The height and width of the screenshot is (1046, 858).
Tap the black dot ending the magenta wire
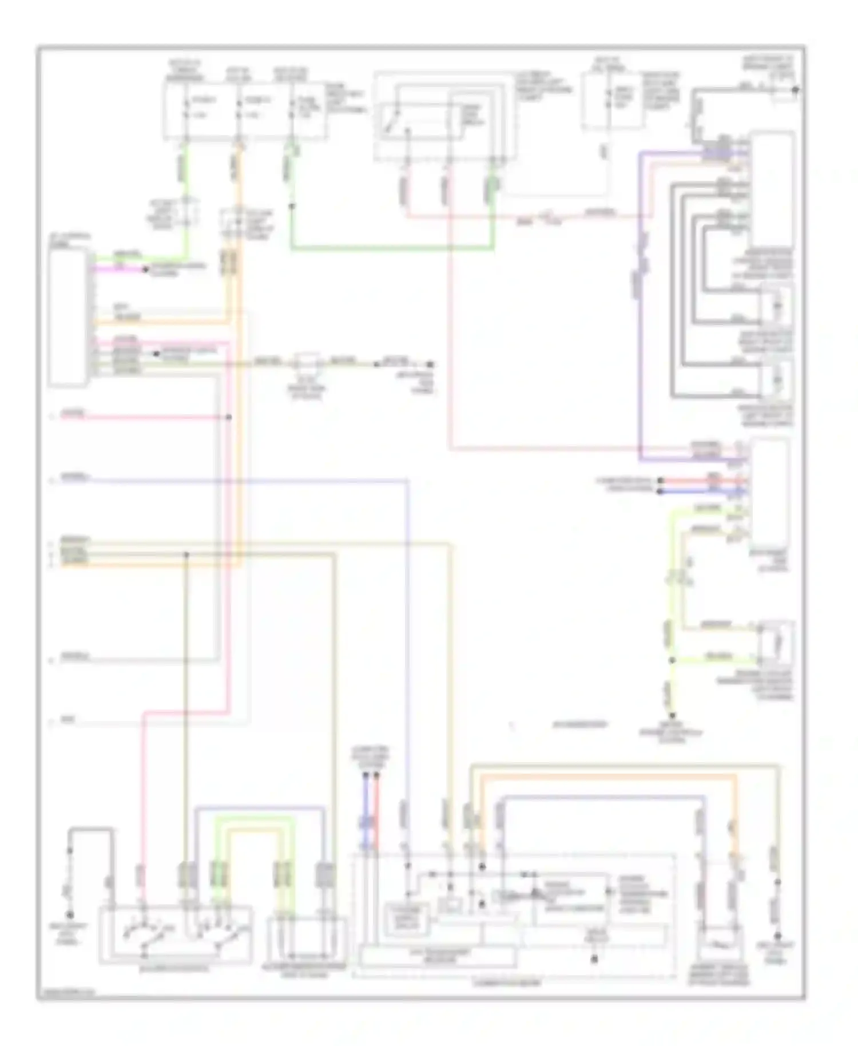pos(145,268)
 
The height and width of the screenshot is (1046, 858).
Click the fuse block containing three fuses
pos(245,110)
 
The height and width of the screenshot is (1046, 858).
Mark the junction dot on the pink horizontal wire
pos(228,417)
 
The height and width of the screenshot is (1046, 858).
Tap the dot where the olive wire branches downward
pos(186,554)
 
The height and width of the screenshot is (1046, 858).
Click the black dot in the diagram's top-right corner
pos(796,90)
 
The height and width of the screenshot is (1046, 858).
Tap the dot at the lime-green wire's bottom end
pos(673,716)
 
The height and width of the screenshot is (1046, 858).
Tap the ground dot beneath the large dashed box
pos(594,958)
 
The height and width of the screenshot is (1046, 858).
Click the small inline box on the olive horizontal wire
pos(308,362)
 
